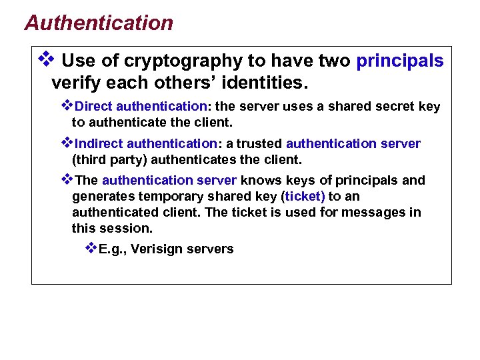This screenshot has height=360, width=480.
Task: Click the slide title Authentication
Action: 99,23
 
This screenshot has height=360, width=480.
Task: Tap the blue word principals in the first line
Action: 400,61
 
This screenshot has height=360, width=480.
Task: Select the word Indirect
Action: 100,144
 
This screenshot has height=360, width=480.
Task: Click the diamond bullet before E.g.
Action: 91,248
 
